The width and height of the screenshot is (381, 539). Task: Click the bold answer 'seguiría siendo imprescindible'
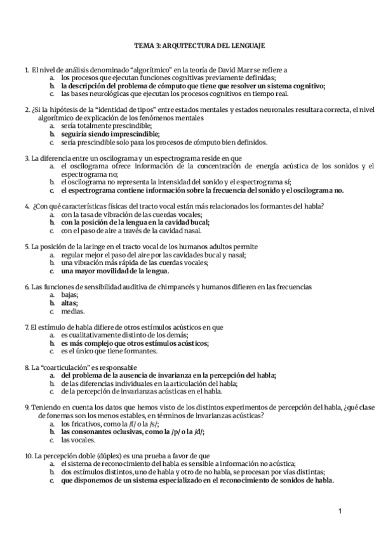point(105,134)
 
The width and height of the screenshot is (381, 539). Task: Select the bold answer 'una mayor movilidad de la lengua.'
point(119,271)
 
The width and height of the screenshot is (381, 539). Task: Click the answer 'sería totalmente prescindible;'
point(106,126)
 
